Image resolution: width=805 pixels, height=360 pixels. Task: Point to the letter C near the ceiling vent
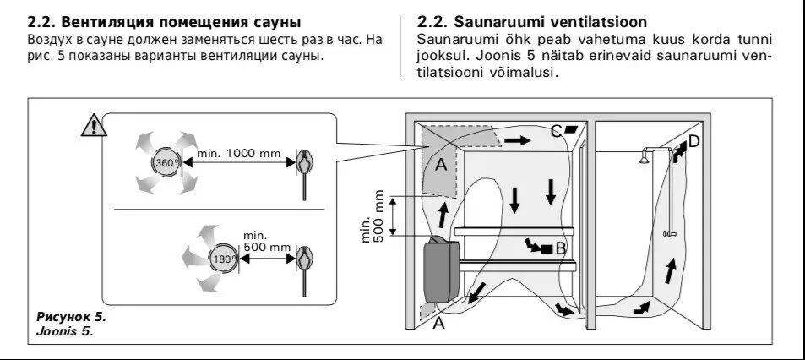[556, 131]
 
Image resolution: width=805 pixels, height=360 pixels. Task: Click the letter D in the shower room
[693, 141]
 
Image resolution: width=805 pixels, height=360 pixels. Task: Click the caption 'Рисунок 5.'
[72, 316]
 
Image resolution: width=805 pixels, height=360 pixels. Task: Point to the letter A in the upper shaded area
[440, 166]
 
